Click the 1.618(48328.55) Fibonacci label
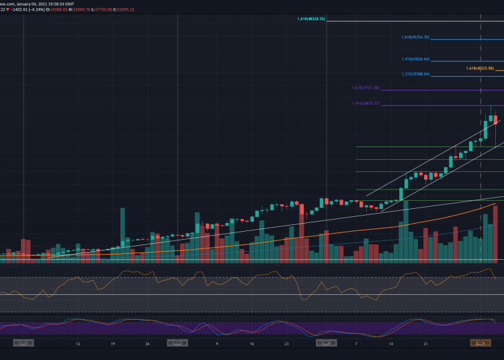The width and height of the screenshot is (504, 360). point(311,19)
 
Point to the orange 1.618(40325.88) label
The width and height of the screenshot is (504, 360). point(479,69)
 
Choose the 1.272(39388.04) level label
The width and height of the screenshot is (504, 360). point(415,74)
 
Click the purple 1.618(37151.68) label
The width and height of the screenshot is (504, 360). point(366,88)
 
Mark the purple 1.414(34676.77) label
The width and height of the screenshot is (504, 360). point(366,103)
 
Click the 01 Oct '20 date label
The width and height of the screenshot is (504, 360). point(24,343)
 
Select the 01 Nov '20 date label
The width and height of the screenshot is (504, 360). point(177,343)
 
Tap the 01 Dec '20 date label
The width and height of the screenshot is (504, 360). point(326,343)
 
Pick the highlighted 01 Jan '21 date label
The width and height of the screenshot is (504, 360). point(480,343)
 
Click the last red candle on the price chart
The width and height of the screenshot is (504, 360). point(496,120)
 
